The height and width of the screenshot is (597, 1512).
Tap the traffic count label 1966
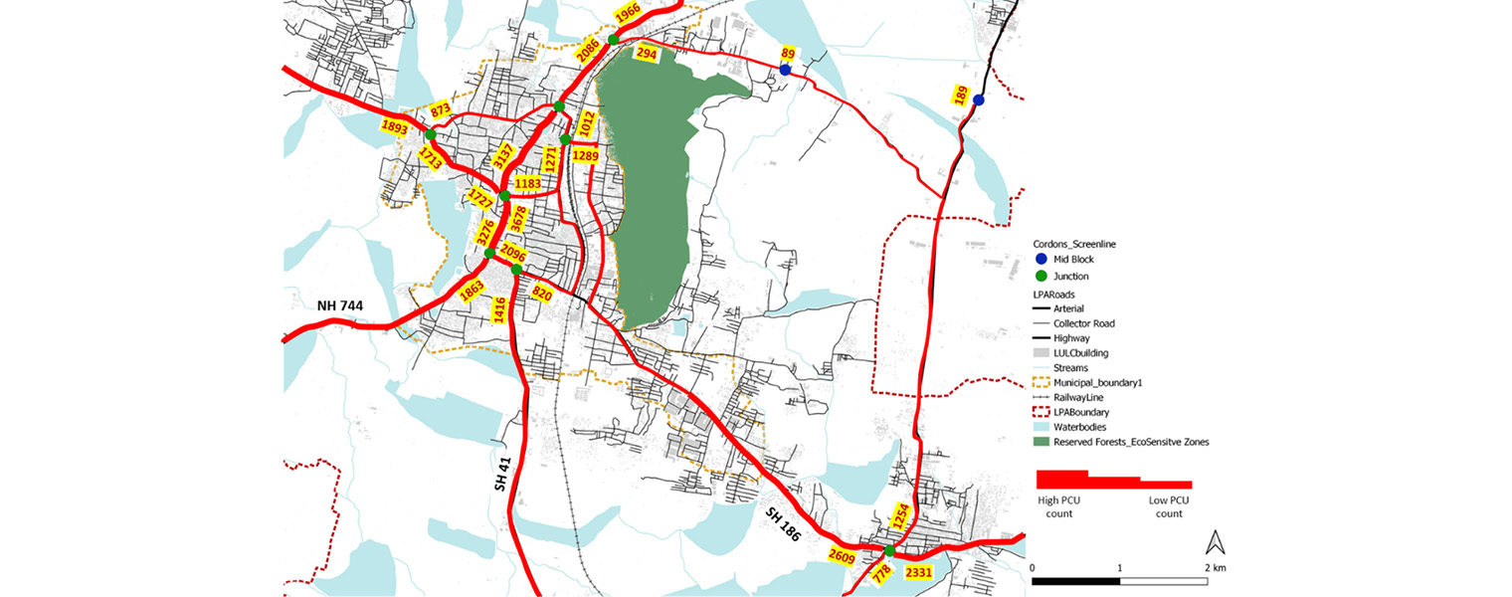(x=627, y=12)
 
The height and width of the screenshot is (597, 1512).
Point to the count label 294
(x=646, y=54)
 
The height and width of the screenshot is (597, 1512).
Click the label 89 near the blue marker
(x=789, y=53)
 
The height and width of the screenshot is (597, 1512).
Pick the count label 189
(x=961, y=96)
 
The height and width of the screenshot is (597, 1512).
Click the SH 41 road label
(x=501, y=474)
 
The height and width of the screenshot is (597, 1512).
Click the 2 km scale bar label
(x=1215, y=567)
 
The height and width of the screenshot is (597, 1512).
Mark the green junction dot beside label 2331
(x=889, y=551)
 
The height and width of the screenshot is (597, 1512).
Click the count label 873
(x=441, y=109)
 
